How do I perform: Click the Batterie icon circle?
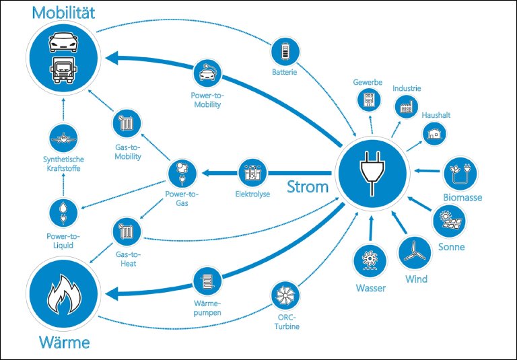point(284,51)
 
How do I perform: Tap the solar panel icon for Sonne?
point(448,220)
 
